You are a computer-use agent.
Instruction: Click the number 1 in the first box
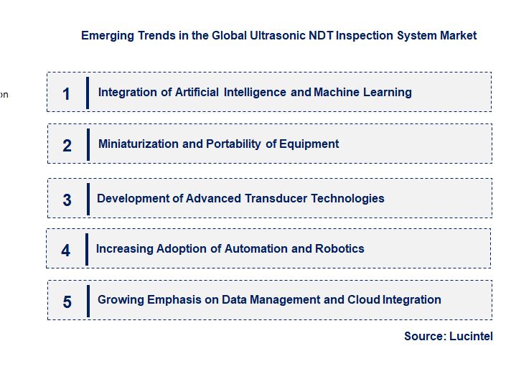(67, 93)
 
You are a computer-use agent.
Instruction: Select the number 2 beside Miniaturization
(67, 145)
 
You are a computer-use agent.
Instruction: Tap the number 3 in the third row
(67, 200)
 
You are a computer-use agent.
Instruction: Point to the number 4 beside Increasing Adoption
(66, 251)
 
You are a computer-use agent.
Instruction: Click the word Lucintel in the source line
(471, 336)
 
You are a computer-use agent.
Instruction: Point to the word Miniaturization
(139, 144)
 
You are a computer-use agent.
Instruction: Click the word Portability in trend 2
(233, 144)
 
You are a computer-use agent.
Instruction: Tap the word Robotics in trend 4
(339, 248)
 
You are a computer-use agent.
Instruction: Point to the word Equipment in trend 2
(309, 144)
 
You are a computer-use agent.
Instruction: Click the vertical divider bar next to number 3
(88, 198)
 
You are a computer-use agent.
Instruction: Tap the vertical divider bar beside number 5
(88, 301)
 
